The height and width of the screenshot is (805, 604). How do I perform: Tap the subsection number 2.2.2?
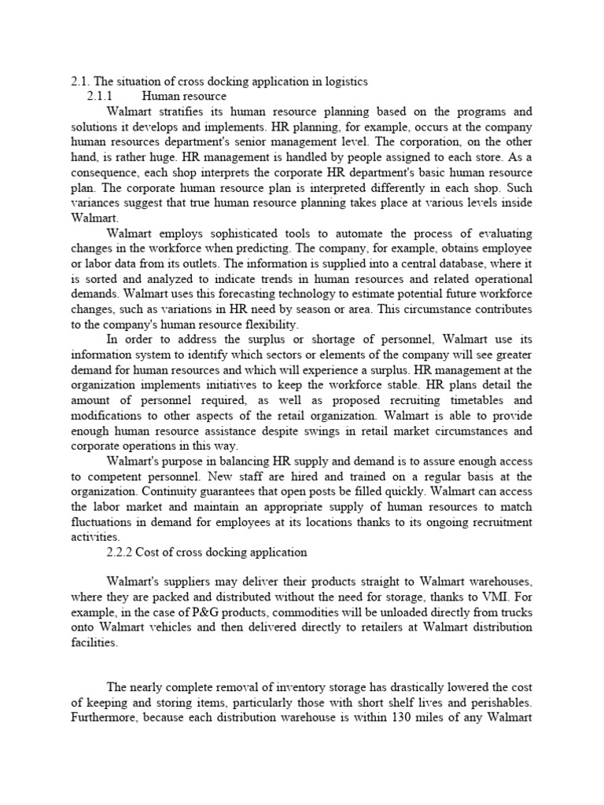tap(121, 552)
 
